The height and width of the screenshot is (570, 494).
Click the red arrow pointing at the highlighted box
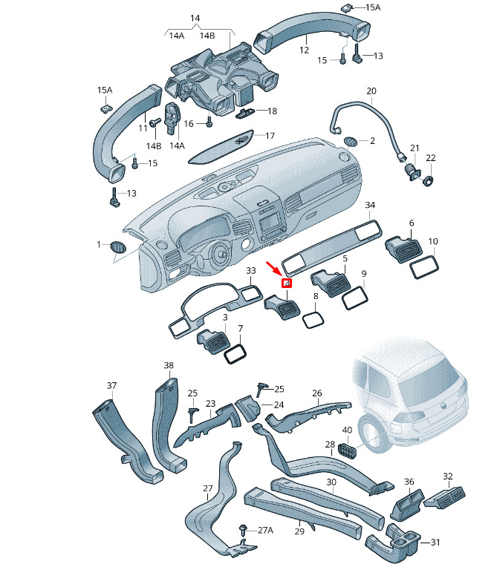pyautogui.click(x=273, y=267)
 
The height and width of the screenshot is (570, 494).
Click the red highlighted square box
pyautogui.click(x=287, y=283)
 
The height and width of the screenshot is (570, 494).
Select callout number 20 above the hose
pyautogui.click(x=371, y=91)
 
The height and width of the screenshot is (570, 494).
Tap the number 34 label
pyautogui.click(x=370, y=205)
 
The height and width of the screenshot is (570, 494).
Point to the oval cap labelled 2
pyautogui.click(x=351, y=141)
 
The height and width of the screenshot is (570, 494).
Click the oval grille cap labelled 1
pyautogui.click(x=118, y=247)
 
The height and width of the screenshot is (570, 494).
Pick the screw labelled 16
pyautogui.click(x=209, y=122)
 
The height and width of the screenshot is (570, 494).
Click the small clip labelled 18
pyautogui.click(x=246, y=113)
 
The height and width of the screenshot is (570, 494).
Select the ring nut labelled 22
pyautogui.click(x=429, y=180)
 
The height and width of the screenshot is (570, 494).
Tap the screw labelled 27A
pyautogui.click(x=243, y=530)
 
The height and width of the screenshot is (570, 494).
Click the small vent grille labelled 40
pyautogui.click(x=348, y=451)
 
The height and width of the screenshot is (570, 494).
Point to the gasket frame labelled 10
pyautogui.click(x=425, y=266)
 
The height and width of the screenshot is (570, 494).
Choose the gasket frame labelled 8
pyautogui.click(x=313, y=320)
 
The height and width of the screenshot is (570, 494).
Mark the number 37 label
pyautogui.click(x=111, y=386)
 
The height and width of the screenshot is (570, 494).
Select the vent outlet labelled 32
pyautogui.click(x=445, y=497)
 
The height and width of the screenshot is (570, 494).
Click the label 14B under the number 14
pyautogui.click(x=207, y=36)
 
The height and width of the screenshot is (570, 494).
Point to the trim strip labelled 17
pyautogui.click(x=221, y=146)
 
